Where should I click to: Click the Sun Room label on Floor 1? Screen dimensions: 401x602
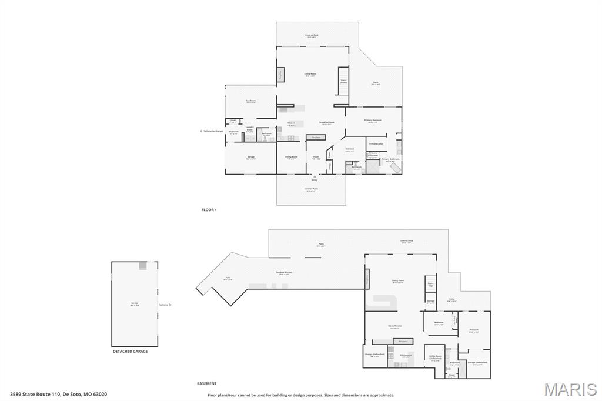(251, 101)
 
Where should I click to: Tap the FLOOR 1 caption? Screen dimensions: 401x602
(209, 210)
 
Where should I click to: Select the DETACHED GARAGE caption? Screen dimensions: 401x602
(131, 351)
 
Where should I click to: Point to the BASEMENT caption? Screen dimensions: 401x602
(207, 383)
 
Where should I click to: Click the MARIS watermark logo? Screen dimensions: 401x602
(570, 389)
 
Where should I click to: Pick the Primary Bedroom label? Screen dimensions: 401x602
(373, 120)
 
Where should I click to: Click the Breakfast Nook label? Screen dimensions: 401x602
(326, 122)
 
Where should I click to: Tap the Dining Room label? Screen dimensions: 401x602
(291, 156)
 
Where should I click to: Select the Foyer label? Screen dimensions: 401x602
(316, 156)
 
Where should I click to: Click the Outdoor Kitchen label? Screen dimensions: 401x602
(285, 272)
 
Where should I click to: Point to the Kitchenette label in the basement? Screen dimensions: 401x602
(406, 355)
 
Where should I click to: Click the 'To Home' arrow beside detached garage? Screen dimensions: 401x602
(164, 305)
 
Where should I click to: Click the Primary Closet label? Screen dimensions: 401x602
(376, 143)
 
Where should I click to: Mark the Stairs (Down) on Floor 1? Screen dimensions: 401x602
(343, 81)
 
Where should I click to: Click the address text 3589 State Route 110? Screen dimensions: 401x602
(58, 395)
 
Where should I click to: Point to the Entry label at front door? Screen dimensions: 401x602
(315, 179)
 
